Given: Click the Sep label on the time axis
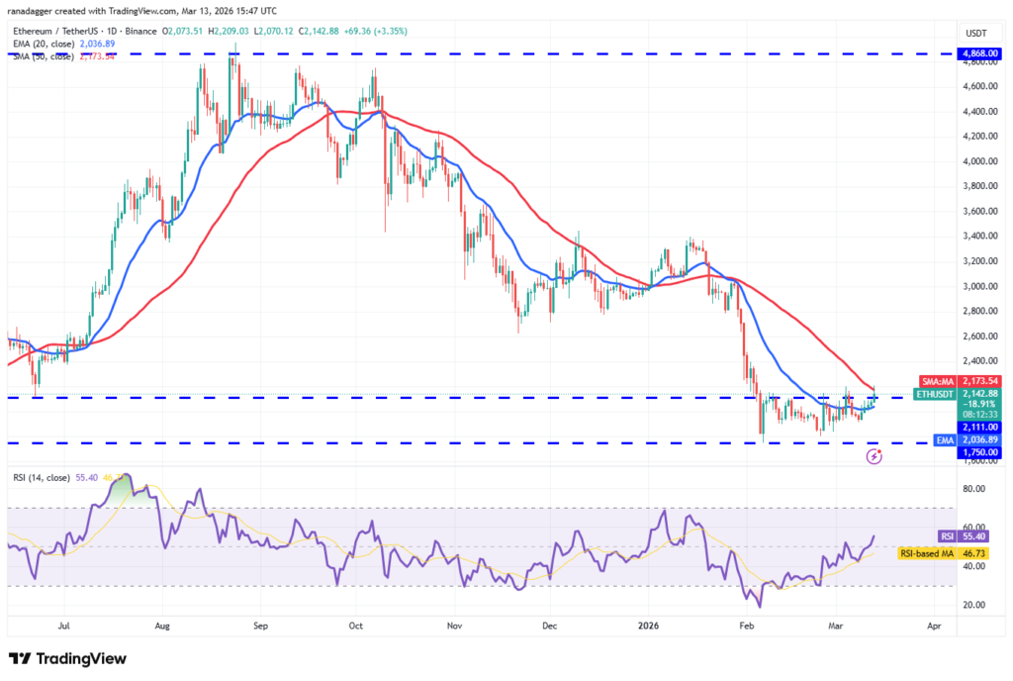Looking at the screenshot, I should click(261, 627).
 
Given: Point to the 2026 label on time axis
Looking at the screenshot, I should click(650, 627).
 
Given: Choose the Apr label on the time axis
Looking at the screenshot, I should click(934, 627).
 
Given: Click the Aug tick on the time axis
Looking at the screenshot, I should click(163, 627).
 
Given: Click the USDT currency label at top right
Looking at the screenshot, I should click(976, 33).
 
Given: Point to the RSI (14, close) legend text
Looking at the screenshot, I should click(45, 477).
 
